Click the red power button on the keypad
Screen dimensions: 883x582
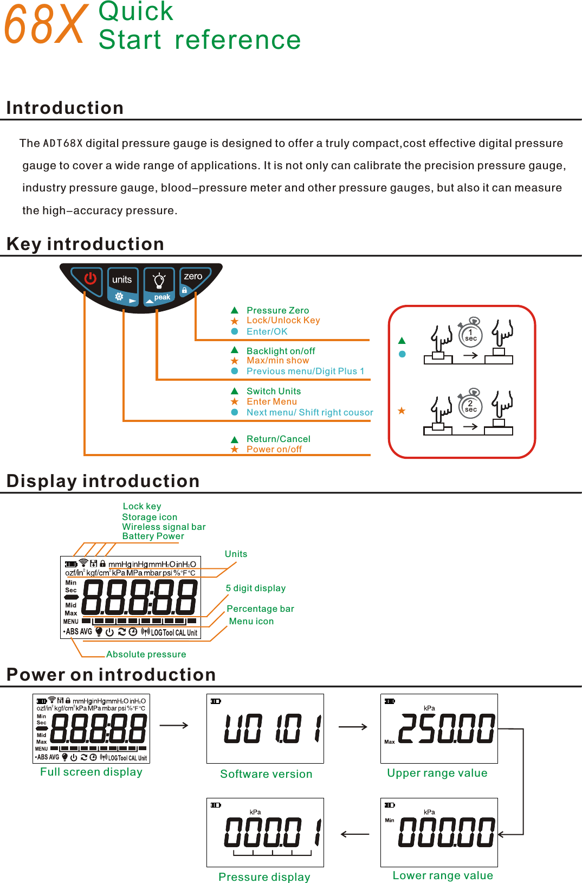pos(90,279)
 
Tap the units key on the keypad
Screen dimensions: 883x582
pos(122,280)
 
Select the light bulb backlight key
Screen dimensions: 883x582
pos(159,280)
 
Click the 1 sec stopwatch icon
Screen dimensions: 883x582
pos(470,335)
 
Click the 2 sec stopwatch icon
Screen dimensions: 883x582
pos(470,406)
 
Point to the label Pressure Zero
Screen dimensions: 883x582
pos(277,310)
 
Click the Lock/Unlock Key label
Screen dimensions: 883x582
pos(283,321)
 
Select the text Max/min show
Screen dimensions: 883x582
pos(277,361)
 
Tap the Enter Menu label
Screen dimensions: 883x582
pos(271,402)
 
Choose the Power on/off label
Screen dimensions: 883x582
pos(274,449)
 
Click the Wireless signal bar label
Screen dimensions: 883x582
pos(164,527)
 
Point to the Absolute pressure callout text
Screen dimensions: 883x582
pos(146,654)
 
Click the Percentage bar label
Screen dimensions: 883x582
pos(260,609)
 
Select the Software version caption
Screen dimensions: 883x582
pos(266,774)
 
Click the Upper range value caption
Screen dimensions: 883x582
pos(437,773)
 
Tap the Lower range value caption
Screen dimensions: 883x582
pos(443,875)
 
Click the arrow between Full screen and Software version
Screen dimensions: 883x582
pos(174,725)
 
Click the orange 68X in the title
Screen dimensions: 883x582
pos(46,25)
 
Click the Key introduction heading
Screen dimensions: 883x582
pos(85,244)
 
